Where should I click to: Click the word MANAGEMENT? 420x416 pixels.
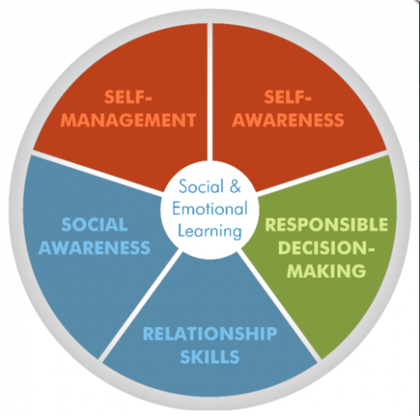coord(128,120)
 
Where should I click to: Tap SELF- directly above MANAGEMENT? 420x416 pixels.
coord(128,97)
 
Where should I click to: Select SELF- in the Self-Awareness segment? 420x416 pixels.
coord(288,97)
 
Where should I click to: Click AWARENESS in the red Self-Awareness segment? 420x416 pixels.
coord(288,120)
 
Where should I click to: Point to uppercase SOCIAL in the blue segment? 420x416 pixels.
coord(95,225)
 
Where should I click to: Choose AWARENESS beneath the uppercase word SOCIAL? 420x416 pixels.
coord(94,247)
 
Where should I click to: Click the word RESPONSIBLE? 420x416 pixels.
coord(327,225)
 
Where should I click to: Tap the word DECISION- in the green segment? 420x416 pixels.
coord(327,247)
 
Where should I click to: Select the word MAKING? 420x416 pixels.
coord(327,270)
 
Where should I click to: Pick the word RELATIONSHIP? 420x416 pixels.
coord(210,334)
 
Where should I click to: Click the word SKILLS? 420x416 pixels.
coord(210,357)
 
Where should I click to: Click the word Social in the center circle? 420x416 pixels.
coord(201,186)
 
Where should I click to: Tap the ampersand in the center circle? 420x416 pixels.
coord(235,186)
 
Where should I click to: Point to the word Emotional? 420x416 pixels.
coord(210,209)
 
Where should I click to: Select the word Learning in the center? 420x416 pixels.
coord(210,232)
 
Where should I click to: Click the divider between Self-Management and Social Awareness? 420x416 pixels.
coord(98,172)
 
